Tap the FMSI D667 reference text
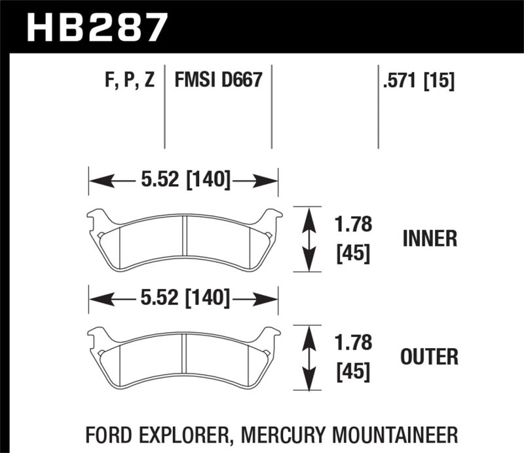click(218, 82)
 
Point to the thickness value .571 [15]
click(417, 82)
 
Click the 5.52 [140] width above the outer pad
click(183, 300)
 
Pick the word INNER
click(430, 239)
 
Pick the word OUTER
click(430, 357)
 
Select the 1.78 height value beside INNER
click(354, 225)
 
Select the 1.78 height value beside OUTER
click(354, 343)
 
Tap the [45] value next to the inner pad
click(354, 253)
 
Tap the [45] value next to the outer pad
click(354, 372)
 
